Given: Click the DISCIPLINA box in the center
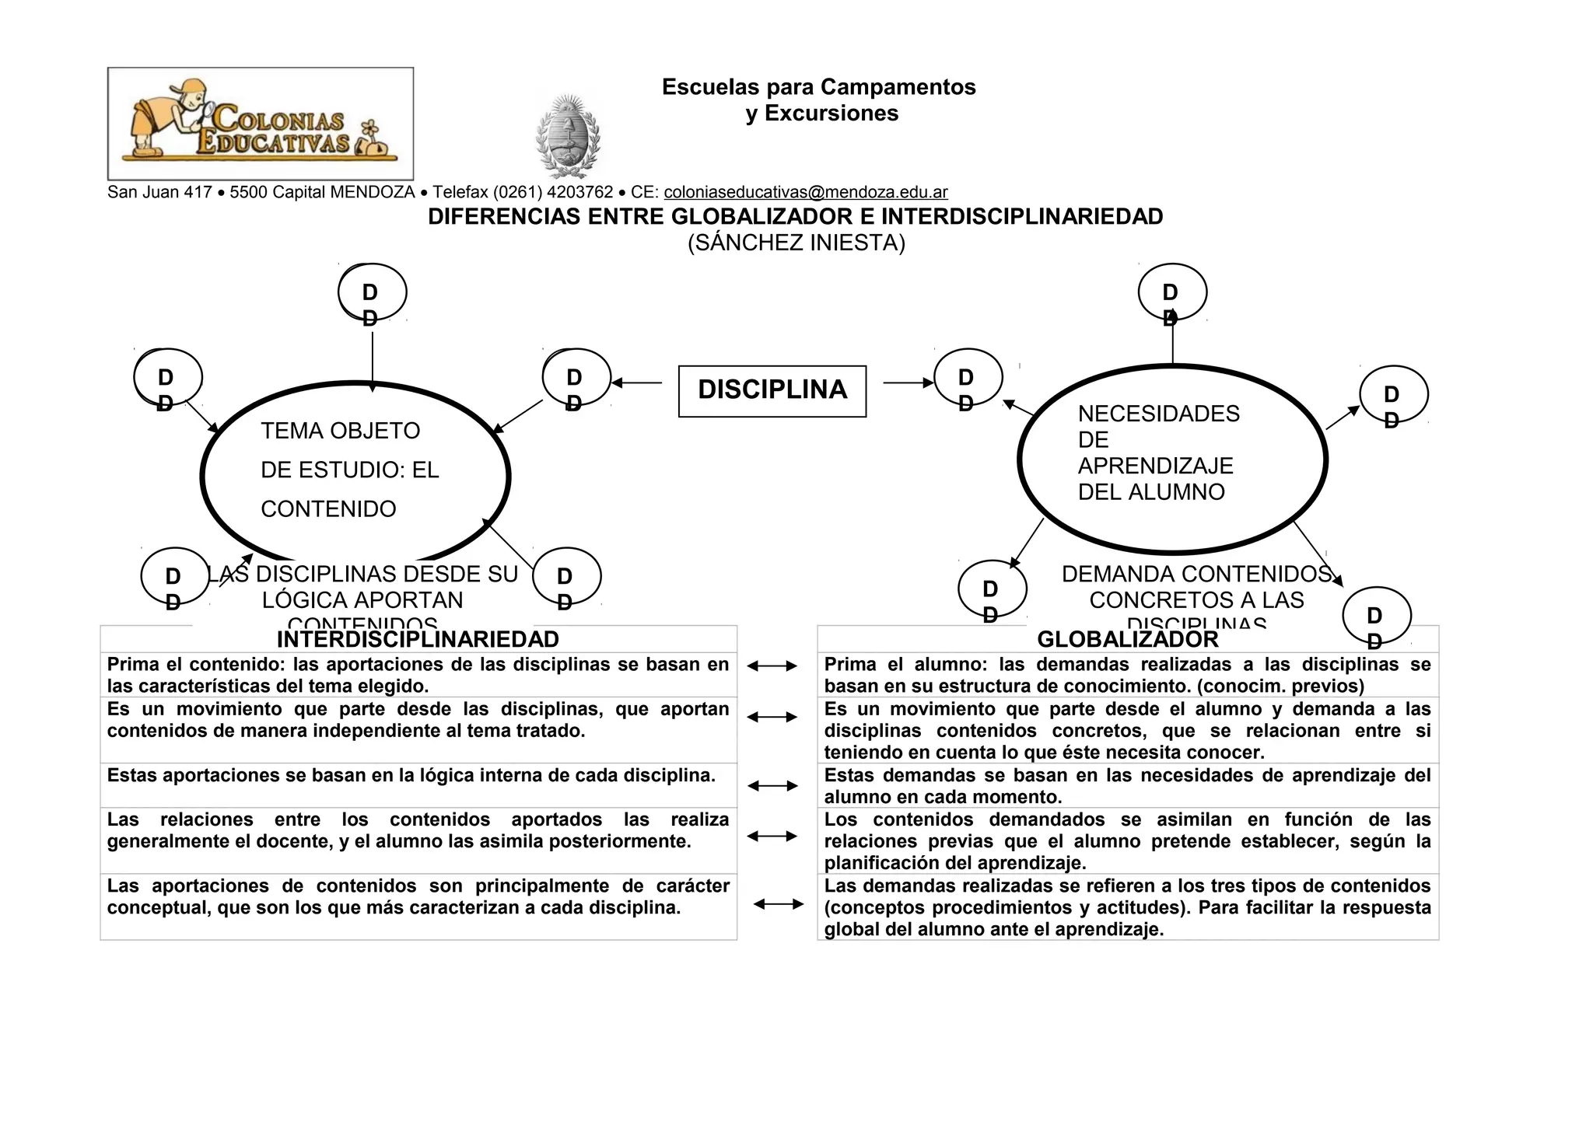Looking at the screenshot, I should (772, 390).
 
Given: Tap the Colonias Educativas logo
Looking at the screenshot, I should (260, 124).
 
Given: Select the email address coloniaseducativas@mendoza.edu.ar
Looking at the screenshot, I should (805, 192).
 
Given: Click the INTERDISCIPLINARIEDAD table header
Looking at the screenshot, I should (418, 639).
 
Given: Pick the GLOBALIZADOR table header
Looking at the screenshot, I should (1127, 639).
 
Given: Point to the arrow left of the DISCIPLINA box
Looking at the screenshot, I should (636, 383).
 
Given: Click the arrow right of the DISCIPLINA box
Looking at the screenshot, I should (908, 383).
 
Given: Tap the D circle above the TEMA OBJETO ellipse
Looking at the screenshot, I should (372, 293).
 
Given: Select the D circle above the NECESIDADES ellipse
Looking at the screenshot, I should (1171, 293).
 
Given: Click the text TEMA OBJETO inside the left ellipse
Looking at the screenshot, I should (340, 431).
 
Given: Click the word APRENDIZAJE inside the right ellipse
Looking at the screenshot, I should (1155, 466).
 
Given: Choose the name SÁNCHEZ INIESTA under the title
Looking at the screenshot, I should (796, 243).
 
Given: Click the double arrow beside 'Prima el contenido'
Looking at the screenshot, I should (772, 666).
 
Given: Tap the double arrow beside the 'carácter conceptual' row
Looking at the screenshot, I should (779, 903).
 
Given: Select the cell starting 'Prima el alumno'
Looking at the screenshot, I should (1127, 675).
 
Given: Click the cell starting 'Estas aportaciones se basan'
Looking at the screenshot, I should (411, 776).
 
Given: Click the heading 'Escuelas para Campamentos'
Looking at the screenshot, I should (818, 87).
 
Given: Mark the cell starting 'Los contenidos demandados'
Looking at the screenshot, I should (1127, 840).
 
